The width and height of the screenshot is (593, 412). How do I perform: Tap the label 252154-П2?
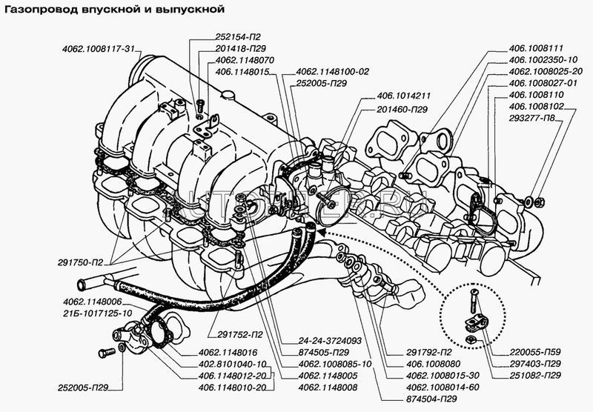tap(212, 36)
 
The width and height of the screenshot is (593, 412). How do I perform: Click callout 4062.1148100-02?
tap(332, 71)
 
